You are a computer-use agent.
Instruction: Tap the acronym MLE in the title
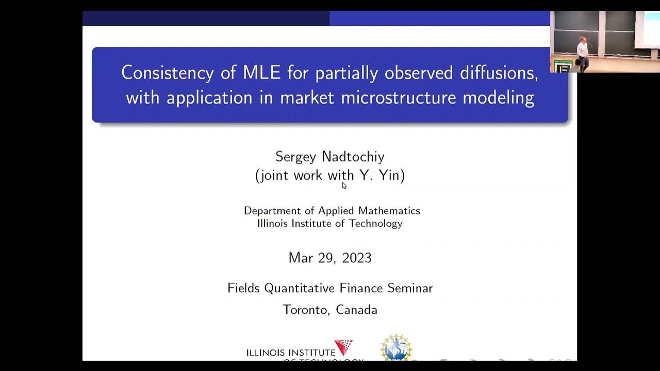click(261, 73)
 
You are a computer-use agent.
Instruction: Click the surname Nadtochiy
click(353, 157)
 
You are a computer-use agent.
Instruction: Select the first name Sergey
click(296, 157)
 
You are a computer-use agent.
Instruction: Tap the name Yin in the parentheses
click(389, 176)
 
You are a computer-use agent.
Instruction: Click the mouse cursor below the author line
click(344, 185)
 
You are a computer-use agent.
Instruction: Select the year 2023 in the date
click(354, 258)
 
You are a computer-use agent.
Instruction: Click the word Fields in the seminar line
click(244, 288)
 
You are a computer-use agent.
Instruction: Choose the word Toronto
click(306, 310)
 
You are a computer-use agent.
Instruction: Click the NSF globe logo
click(395, 348)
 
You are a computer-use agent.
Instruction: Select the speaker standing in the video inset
click(582, 54)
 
